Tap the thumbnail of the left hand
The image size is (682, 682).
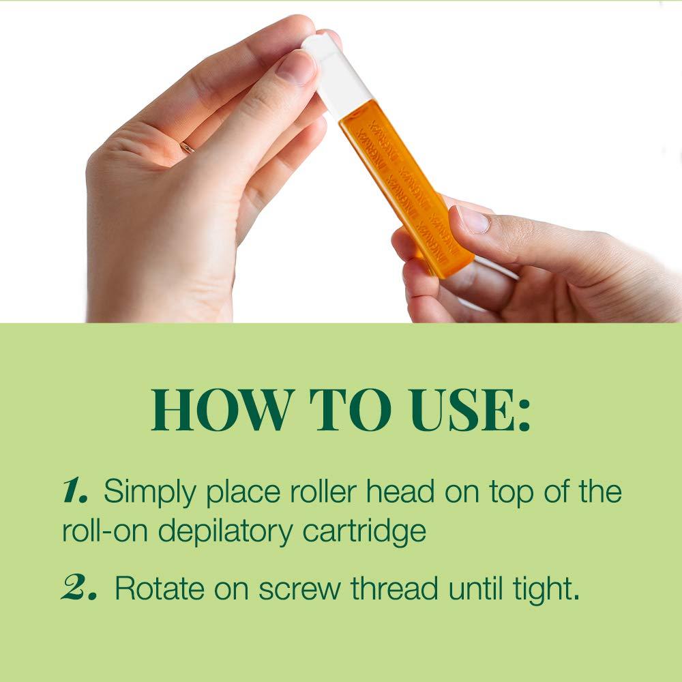[297, 67]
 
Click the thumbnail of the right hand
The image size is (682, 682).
[473, 220]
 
